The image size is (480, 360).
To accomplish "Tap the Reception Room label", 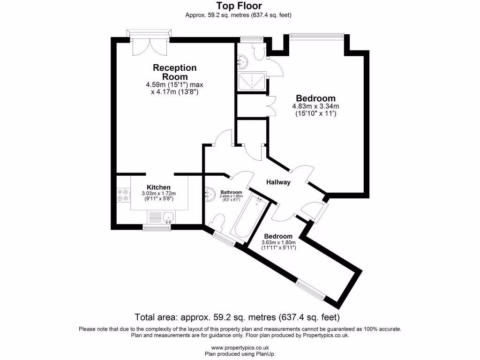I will [x=175, y=72].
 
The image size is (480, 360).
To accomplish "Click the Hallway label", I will [x=278, y=182].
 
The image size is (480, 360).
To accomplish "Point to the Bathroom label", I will [x=232, y=192].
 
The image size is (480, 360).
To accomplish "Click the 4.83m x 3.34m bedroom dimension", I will [x=315, y=106].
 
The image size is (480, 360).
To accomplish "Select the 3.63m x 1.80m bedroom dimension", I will [x=278, y=242].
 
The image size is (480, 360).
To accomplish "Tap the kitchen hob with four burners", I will [x=123, y=195].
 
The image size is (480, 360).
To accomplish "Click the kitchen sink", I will [x=168, y=217].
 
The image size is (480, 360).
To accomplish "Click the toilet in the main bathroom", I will [x=218, y=222].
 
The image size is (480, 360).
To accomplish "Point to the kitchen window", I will [x=157, y=228].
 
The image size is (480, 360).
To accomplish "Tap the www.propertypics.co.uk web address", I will [x=240, y=347].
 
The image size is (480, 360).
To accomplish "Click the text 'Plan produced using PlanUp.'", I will [x=240, y=354].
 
